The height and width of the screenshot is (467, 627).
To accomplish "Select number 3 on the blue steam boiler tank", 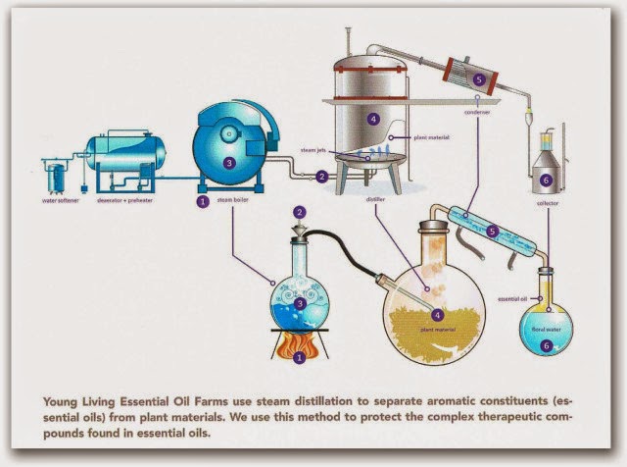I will tap(228, 164).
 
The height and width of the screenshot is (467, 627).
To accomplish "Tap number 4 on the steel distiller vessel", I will tap(373, 120).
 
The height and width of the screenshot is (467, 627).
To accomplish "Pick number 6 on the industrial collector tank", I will tap(546, 181).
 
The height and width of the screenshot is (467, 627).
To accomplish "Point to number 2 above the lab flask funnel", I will tap(301, 211).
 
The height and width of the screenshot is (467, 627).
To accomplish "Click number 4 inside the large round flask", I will tap(437, 315).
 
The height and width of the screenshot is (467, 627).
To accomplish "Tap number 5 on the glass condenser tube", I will tap(493, 233).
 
